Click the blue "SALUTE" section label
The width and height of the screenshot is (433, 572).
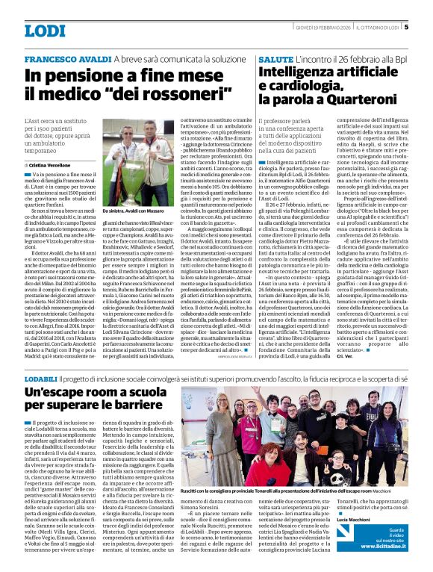(272, 58)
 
